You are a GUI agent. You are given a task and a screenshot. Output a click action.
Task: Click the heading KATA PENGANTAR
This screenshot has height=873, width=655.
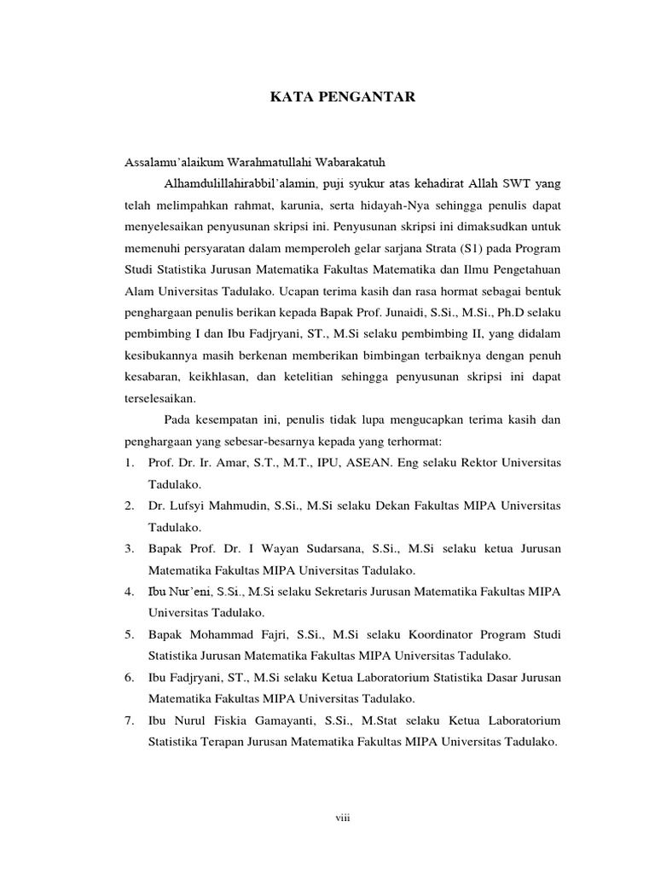pos(343,98)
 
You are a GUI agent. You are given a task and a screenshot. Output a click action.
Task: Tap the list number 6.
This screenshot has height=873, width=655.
pos(128,677)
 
